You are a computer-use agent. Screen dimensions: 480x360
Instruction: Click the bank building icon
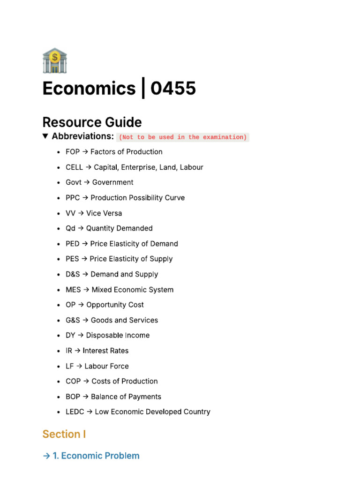point(54,60)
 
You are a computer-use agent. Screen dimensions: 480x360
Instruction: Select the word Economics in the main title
point(89,88)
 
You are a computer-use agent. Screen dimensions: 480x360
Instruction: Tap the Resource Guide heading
point(92,122)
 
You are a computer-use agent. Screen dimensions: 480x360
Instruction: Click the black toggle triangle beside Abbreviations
point(45,136)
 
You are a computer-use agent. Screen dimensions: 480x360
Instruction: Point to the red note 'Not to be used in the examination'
point(182,137)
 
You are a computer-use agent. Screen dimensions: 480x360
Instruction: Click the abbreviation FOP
point(73,152)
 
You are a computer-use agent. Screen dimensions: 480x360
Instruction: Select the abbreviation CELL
point(74,167)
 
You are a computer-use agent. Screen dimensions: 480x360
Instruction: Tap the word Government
point(112,182)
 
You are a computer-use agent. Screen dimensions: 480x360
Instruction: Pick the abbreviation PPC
point(73,198)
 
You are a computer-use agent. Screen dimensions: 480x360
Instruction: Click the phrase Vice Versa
point(104,213)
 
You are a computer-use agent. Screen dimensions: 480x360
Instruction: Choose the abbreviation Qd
point(70,228)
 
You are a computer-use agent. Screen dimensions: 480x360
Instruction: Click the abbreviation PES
point(72,259)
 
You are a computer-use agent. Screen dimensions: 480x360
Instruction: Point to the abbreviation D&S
point(73,274)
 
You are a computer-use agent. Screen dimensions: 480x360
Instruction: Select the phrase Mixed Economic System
point(132,290)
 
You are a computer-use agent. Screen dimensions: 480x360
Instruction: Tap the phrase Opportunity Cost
point(115,305)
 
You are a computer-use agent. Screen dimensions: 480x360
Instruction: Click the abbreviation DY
point(70,335)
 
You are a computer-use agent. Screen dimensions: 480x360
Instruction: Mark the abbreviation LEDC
point(75,412)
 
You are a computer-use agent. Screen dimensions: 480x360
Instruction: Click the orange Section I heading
point(64,434)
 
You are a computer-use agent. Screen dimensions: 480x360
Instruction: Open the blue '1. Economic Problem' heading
point(96,456)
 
